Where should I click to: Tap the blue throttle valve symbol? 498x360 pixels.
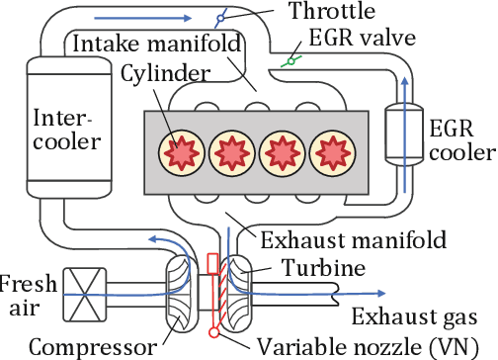point(224,15)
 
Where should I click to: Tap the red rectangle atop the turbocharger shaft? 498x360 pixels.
point(212,262)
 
